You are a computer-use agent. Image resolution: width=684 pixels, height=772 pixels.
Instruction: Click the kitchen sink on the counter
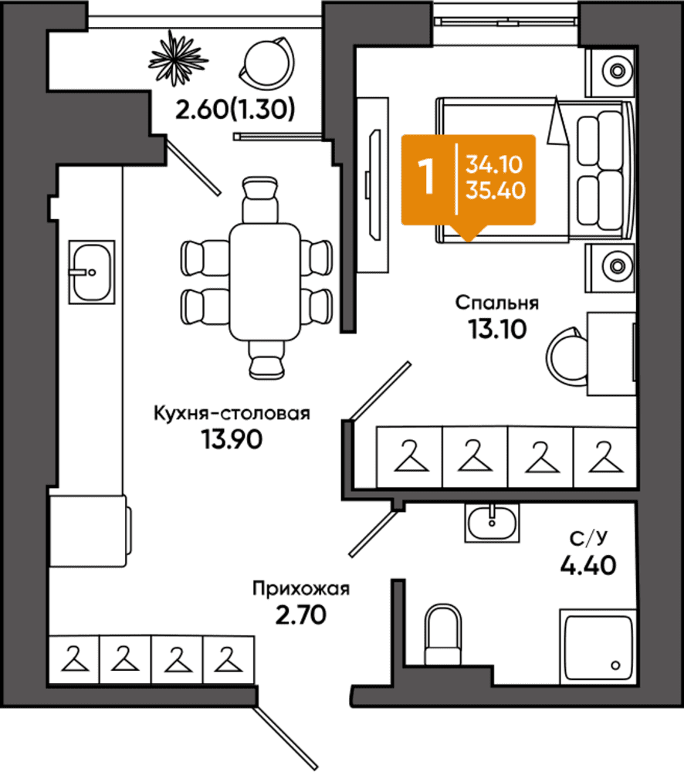[x=92, y=272]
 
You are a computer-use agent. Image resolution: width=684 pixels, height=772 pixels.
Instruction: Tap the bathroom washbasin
[x=492, y=523]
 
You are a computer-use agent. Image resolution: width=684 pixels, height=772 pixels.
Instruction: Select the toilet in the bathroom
[x=442, y=635]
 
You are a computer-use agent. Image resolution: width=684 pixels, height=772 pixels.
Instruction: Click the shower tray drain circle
[x=615, y=665]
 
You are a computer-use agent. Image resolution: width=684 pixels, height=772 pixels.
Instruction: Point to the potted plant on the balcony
[x=178, y=58]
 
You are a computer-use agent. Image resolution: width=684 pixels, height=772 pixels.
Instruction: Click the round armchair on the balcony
[x=267, y=63]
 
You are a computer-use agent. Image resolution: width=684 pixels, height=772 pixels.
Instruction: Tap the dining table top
[x=265, y=282]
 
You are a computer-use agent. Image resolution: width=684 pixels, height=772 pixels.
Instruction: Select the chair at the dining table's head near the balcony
[x=260, y=200]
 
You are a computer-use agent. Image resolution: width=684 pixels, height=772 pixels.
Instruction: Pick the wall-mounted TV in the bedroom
[x=374, y=185]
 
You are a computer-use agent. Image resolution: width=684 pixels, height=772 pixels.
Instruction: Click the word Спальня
[x=497, y=303]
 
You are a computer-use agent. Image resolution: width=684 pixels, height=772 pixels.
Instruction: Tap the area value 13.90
[x=232, y=439]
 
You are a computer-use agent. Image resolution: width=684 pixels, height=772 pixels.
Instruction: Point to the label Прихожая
[x=301, y=588]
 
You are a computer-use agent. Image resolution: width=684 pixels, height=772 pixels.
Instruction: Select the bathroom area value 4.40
[x=588, y=565]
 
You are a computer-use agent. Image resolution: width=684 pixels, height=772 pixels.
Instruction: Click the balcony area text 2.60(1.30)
[x=235, y=110]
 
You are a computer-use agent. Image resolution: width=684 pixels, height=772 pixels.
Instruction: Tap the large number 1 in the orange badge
[x=426, y=177]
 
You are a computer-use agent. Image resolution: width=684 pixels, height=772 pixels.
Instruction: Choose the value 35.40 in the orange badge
[x=496, y=190]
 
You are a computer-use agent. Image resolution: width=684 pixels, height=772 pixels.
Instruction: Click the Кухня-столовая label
[x=232, y=414]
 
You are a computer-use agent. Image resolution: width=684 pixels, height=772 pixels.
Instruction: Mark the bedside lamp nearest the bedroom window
[x=617, y=71]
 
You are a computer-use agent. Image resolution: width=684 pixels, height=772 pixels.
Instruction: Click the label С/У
[x=588, y=538]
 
